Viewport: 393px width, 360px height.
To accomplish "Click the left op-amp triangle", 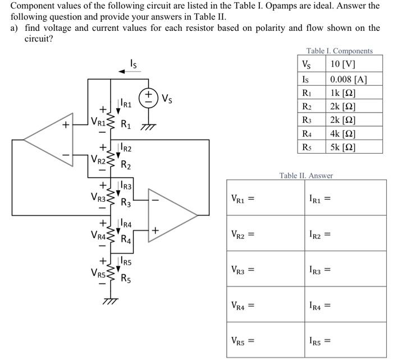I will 49,138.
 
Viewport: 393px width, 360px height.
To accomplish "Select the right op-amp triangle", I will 172,214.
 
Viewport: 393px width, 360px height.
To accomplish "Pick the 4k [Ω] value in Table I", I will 342,134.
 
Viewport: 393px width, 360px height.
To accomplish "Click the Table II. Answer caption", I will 306,176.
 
